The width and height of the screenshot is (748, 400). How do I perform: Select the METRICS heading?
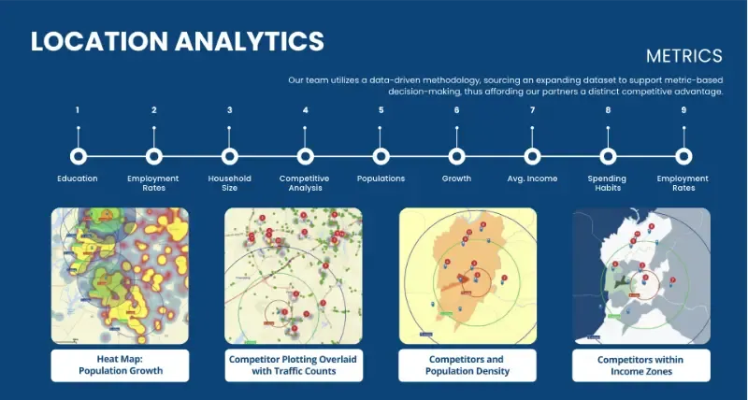683,56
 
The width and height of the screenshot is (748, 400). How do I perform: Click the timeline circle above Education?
78,156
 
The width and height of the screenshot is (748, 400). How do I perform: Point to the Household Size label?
229,182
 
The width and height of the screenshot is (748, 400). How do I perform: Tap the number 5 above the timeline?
381,110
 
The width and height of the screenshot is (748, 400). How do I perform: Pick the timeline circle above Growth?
456,156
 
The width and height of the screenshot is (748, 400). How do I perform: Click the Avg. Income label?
532,178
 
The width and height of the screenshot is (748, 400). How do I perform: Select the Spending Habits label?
607,182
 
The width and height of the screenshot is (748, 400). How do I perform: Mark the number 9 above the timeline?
683,110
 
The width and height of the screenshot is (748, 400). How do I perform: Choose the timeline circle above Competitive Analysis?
305,156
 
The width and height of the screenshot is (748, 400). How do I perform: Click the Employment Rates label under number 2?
153,182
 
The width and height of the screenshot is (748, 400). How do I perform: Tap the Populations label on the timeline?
381,178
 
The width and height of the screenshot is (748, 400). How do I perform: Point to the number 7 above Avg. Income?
532,110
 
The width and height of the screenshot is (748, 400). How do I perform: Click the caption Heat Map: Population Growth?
120,364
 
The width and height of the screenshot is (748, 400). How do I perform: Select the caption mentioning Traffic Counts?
293,364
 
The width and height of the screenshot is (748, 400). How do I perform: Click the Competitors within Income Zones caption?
641,364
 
